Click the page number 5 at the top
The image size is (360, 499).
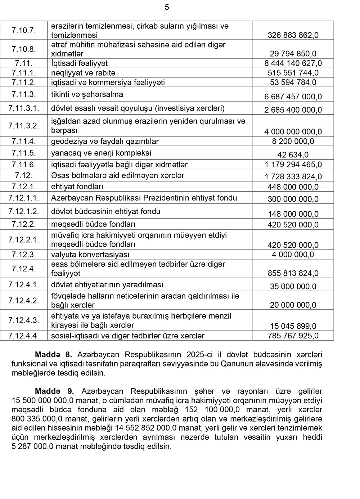pyautogui.click(x=167, y=7)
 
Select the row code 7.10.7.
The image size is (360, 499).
pyautogui.click(x=24, y=31)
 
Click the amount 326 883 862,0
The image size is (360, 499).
pyautogui.click(x=293, y=35)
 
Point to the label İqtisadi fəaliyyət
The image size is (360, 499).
pyautogui.click(x=80, y=63)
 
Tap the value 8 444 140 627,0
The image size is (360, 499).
pyautogui.click(x=293, y=63)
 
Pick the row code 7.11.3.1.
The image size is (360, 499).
pyautogui.click(x=24, y=108)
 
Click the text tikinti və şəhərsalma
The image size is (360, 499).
pyautogui.click(x=87, y=95)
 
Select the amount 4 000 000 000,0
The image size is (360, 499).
pyautogui.click(x=293, y=132)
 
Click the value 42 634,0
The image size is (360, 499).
pyautogui.click(x=293, y=155)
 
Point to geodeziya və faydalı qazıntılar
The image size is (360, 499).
pyautogui.click(x=105, y=141)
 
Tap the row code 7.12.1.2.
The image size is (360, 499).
pyautogui.click(x=24, y=211)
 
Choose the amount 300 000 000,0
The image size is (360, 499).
pyautogui.click(x=293, y=199)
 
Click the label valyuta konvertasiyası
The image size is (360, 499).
pyautogui.click(x=90, y=255)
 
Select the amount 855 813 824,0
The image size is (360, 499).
pyautogui.click(x=293, y=274)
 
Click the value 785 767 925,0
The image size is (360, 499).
pyautogui.click(x=293, y=336)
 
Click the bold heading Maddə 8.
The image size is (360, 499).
pyautogui.click(x=54, y=355)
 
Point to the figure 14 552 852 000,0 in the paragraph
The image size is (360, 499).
pyautogui.click(x=149, y=428)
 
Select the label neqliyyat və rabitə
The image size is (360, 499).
pyautogui.click(x=83, y=73)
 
